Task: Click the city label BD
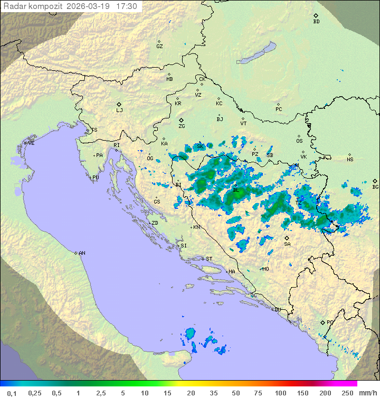point(316,22)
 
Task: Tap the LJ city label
point(119,110)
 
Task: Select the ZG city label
point(182,126)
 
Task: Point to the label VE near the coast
point(31,143)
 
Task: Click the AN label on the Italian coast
point(82,253)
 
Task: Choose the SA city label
point(287,244)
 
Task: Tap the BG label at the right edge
point(375,187)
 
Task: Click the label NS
point(350,160)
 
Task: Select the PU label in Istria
point(96,178)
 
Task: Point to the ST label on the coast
point(209,258)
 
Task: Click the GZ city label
point(159,47)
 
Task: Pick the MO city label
point(265,269)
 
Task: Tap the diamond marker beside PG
point(322,322)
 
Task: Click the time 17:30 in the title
point(127,6)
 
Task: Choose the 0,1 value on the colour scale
point(12,393)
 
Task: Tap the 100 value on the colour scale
point(280,393)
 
